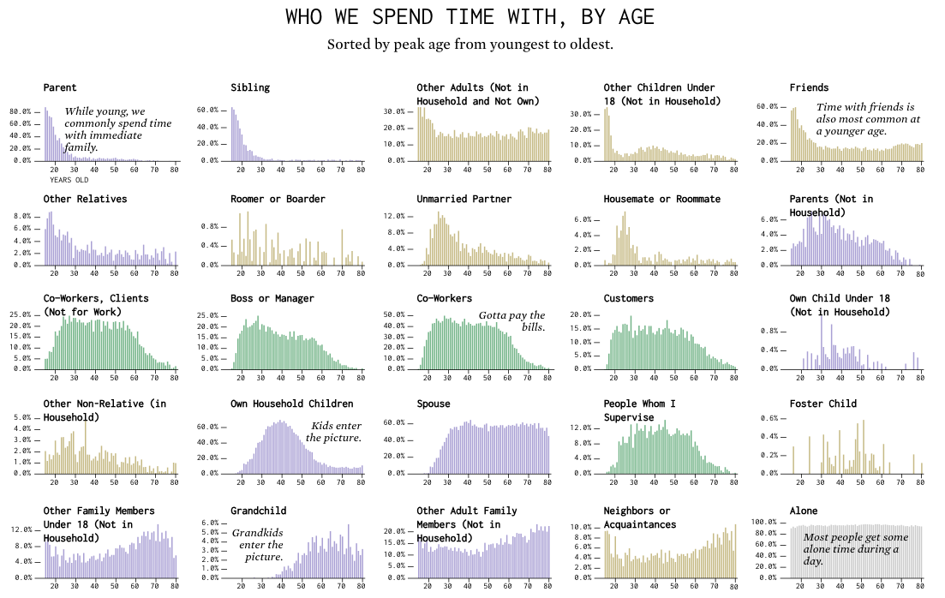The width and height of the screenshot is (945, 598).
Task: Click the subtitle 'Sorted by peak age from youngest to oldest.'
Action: pyautogui.click(x=470, y=45)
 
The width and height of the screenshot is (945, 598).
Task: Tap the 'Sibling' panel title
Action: pyautogui.click(x=250, y=87)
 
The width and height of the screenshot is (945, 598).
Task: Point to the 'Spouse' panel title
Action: pyautogui.click(x=434, y=404)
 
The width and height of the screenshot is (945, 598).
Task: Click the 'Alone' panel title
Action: pyautogui.click(x=804, y=511)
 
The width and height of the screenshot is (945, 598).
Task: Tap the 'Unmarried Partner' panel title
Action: pyautogui.click(x=464, y=199)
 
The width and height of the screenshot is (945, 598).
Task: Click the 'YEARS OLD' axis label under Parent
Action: pyautogui.click(x=69, y=180)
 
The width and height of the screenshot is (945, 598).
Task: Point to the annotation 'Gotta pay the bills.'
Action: pyautogui.click(x=511, y=321)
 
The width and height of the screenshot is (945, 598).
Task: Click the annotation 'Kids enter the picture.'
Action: pyautogui.click(x=334, y=432)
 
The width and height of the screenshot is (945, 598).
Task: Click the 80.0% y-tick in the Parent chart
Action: pyautogui.click(x=21, y=111)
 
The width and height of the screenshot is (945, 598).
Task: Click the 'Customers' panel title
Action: pyautogui.click(x=628, y=299)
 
